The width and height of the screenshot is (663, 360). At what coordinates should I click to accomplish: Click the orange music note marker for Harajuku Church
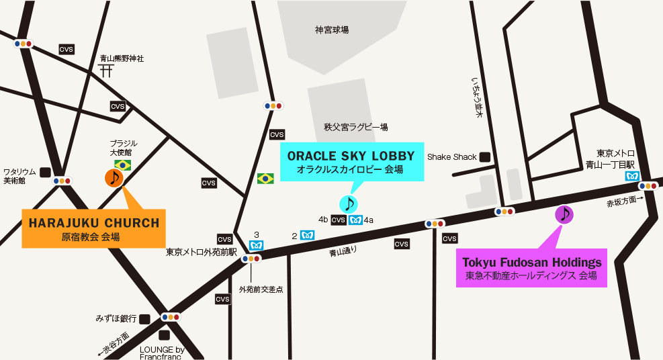pyautogui.click(x=114, y=178)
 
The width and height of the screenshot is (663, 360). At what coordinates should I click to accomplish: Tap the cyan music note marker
pyautogui.click(x=348, y=204)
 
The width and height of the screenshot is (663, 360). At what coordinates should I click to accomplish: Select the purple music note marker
pyautogui.click(x=564, y=214)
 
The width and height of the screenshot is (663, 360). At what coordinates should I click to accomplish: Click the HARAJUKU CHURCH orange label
pyautogui.click(x=93, y=223)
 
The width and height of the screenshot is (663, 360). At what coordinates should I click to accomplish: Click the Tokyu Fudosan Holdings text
pyautogui.click(x=531, y=263)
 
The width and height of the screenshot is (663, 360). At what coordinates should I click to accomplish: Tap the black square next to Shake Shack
pyautogui.click(x=484, y=157)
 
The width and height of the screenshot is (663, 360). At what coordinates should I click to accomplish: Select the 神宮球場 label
pyautogui.click(x=332, y=30)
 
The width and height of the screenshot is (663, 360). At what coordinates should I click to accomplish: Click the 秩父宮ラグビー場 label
pyautogui.click(x=355, y=127)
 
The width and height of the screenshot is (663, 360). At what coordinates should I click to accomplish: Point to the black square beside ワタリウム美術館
pyautogui.click(x=45, y=172)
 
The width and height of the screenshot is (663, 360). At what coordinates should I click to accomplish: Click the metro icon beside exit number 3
pyautogui.click(x=256, y=245)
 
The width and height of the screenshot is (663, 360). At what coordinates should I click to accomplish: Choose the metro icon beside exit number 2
pyautogui.click(x=307, y=236)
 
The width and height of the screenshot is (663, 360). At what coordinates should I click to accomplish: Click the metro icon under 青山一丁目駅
pyautogui.click(x=631, y=176)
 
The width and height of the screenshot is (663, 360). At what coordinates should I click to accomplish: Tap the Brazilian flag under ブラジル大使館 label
pyautogui.click(x=122, y=165)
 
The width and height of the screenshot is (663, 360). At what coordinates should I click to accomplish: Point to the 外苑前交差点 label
pyautogui.click(x=261, y=289)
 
